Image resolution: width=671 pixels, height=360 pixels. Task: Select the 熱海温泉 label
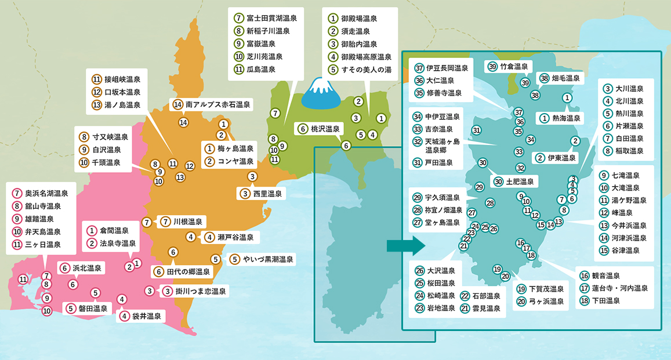(561, 118)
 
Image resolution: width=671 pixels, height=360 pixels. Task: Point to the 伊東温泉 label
(556, 158)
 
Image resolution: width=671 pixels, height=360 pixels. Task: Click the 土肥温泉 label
(514, 181)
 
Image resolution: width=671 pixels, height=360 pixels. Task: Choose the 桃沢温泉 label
(320, 129)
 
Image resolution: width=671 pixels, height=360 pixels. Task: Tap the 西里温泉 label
(261, 193)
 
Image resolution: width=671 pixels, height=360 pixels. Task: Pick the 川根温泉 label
(182, 221)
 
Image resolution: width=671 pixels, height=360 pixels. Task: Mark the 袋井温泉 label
(140, 316)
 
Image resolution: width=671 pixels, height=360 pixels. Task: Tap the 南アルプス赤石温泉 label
(212, 105)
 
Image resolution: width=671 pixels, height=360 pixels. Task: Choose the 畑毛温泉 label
(560, 78)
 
